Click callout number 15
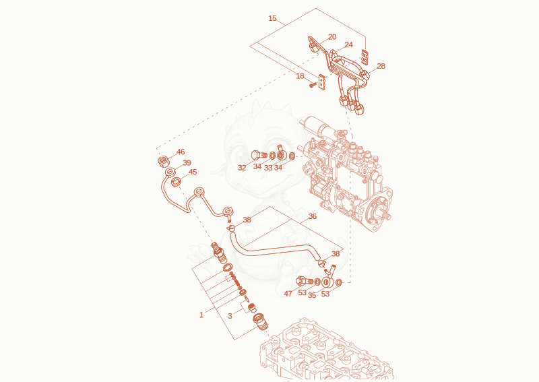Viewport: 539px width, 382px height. point(272,18)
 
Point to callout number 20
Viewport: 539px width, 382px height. point(332,37)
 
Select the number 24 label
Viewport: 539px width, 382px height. point(348,44)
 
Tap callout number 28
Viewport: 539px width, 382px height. point(381,66)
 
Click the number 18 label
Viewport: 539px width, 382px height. point(300,75)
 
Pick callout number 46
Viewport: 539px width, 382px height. point(181,152)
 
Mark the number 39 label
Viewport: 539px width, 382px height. point(187,162)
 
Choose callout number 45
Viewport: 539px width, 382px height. point(193,172)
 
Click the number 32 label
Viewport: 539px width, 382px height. point(242,168)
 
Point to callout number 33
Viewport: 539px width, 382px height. point(268,168)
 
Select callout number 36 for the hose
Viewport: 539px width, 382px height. point(312,216)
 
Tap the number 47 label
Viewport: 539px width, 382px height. point(288,294)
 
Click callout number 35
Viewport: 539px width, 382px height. point(312,295)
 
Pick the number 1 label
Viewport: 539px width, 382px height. point(201,315)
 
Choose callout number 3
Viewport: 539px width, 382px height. point(230,316)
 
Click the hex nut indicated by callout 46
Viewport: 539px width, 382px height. point(164,161)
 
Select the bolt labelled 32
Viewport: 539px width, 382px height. point(259,155)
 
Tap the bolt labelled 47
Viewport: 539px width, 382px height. point(305,281)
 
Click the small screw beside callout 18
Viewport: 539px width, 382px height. point(313,84)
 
